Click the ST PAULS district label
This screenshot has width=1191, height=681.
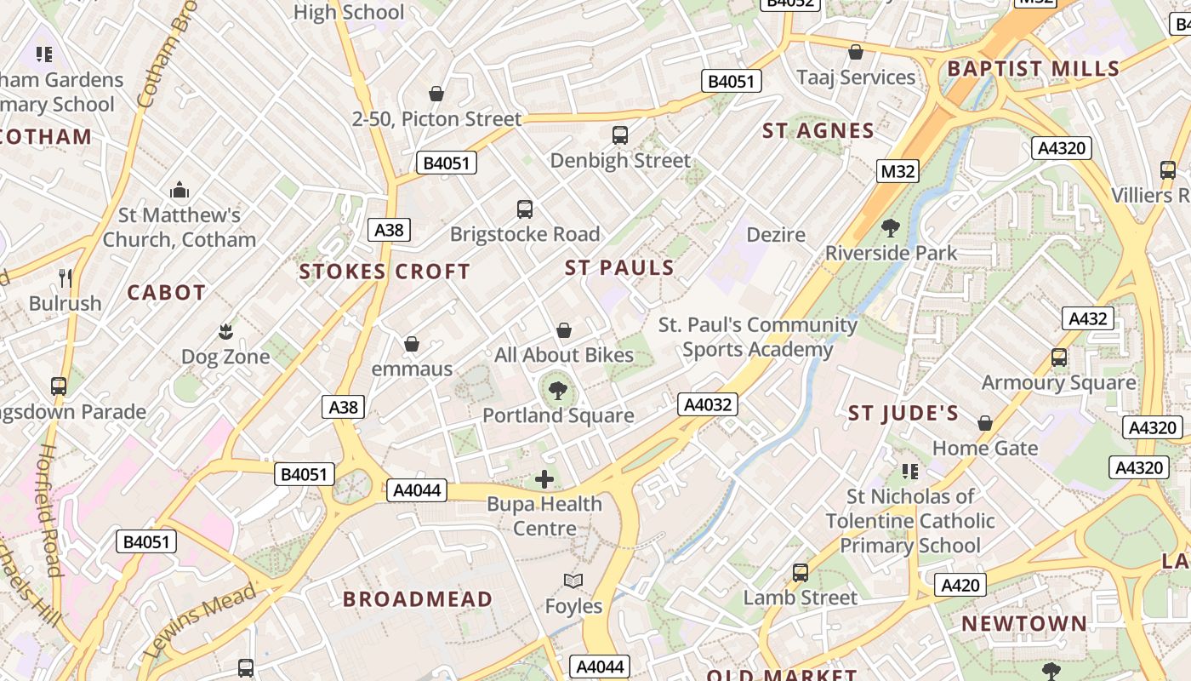(x=619, y=268)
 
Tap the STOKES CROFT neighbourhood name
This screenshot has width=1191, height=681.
(x=385, y=272)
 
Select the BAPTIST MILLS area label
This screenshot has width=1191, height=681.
(x=1033, y=69)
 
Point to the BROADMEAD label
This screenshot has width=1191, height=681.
(x=418, y=599)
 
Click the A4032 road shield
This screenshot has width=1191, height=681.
(x=708, y=404)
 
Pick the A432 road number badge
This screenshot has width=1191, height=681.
(x=1087, y=319)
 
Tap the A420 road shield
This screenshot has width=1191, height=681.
(x=960, y=586)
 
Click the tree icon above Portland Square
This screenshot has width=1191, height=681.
(x=558, y=391)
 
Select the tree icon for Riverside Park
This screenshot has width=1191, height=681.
(x=891, y=228)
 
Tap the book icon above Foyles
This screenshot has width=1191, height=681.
(x=573, y=581)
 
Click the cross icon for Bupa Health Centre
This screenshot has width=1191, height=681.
(x=544, y=479)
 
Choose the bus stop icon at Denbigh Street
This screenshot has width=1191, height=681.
(x=620, y=134)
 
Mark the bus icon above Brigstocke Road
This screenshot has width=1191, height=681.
(x=525, y=209)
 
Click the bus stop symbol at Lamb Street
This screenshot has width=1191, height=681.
(x=801, y=573)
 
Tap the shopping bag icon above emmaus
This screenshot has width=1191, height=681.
(x=412, y=344)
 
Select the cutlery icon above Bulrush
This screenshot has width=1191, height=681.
(x=66, y=278)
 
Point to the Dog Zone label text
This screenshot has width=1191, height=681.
(x=225, y=357)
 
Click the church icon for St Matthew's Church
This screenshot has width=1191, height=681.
(x=180, y=189)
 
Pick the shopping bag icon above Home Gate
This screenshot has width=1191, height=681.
(x=985, y=423)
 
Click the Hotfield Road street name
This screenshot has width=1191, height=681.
(x=48, y=511)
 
